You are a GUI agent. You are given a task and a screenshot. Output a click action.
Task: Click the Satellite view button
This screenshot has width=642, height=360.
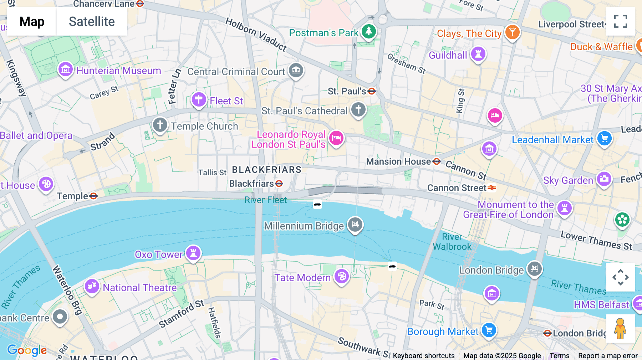pyautogui.click(x=92, y=21)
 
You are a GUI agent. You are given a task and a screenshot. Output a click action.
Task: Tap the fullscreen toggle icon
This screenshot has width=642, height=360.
pyautogui.click(x=620, y=21)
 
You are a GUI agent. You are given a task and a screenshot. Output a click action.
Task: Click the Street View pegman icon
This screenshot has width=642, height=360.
pyautogui.click(x=620, y=328)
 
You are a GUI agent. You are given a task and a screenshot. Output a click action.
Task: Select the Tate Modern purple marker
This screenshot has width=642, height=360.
pyautogui.click(x=341, y=276)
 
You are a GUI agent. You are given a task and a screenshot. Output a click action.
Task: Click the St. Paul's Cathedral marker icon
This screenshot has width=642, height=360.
pyautogui.click(x=358, y=109)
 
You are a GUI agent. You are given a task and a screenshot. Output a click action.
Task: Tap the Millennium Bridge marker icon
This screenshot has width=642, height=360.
pyautogui.click(x=355, y=225)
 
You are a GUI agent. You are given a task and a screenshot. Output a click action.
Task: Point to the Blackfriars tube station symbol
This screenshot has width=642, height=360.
pyautogui.click(x=279, y=184)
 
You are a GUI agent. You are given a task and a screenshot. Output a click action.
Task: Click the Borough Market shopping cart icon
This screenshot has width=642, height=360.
pyautogui.click(x=489, y=330)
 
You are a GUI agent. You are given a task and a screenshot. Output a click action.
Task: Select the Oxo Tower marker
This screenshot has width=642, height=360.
pyautogui.click(x=193, y=253)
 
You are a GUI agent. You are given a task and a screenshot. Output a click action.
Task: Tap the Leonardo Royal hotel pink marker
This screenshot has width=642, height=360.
pyautogui.click(x=336, y=138)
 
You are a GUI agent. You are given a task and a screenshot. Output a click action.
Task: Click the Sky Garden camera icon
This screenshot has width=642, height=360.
pyautogui.click(x=604, y=179)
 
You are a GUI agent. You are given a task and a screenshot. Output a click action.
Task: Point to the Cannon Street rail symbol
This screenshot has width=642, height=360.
pyautogui.click(x=492, y=188)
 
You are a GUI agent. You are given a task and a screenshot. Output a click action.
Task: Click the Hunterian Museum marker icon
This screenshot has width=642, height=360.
pyautogui.click(x=66, y=70)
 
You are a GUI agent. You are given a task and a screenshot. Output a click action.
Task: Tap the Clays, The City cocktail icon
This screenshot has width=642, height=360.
pyautogui.click(x=512, y=32)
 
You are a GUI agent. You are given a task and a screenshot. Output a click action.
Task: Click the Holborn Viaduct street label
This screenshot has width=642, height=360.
pyautogui.click(x=256, y=35)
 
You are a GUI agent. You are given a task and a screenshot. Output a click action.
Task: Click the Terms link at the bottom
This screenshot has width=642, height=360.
pyautogui.click(x=559, y=355)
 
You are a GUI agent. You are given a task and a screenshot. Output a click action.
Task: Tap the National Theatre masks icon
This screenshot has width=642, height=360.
pyautogui.click(x=92, y=286)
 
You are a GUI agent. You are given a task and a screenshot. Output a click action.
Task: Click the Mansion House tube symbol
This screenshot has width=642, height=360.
pyautogui.click(x=437, y=161)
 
